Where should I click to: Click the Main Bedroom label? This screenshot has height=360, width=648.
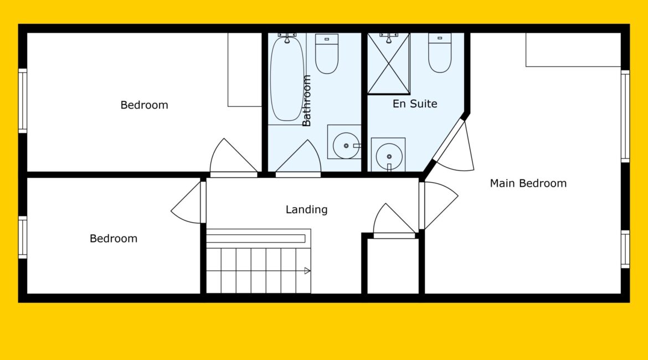(x=528, y=183)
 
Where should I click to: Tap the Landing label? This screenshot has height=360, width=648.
(x=307, y=209)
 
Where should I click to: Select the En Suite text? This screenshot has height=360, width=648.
(x=415, y=104)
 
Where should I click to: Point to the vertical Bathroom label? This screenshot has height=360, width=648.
(x=306, y=100)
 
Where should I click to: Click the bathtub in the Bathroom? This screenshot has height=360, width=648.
(x=287, y=79)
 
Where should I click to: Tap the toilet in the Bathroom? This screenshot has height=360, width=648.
(x=327, y=54)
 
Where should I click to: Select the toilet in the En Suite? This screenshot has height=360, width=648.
(x=440, y=53)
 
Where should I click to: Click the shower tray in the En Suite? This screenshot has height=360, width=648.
(x=388, y=63)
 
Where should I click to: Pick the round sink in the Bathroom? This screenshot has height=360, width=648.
(x=346, y=146)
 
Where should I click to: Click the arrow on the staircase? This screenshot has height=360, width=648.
(x=307, y=271)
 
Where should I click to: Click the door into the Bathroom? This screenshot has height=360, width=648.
(x=299, y=159)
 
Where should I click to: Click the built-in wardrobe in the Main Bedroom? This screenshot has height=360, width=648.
(x=573, y=50)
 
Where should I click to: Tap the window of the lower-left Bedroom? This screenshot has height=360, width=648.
(x=23, y=237)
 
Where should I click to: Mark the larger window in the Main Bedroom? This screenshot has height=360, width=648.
(x=625, y=116)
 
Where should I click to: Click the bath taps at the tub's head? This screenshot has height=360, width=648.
(x=287, y=37)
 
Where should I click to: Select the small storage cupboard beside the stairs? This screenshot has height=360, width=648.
(x=393, y=266)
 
